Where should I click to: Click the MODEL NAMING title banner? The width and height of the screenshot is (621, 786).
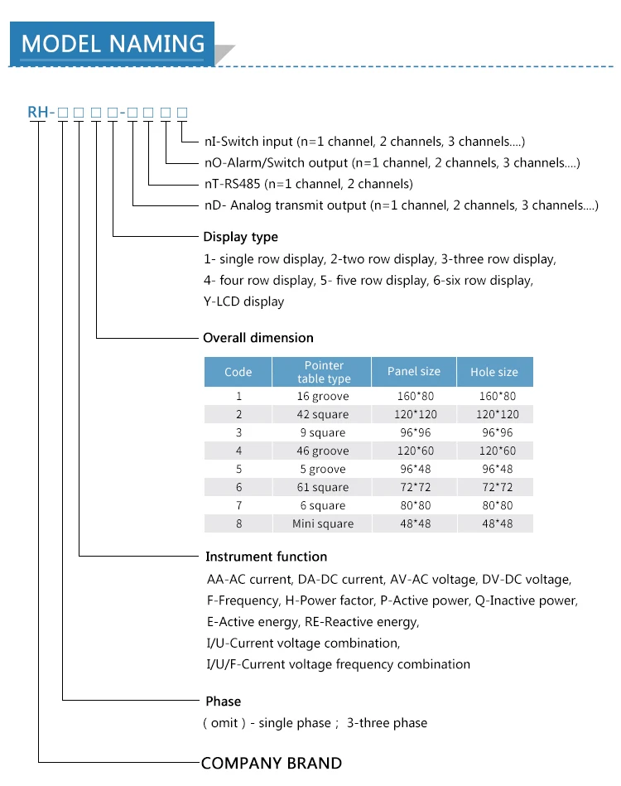(x=113, y=43)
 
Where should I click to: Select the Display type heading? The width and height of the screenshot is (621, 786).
(x=240, y=237)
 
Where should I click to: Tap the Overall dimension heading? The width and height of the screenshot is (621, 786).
(x=258, y=338)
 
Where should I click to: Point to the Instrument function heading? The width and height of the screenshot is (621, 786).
(x=266, y=557)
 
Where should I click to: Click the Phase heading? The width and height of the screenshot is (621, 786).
(x=223, y=702)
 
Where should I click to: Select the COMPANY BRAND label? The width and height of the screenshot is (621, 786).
(x=272, y=763)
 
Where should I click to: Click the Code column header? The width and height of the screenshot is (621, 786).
(x=238, y=372)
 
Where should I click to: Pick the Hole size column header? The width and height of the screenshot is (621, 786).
(x=494, y=372)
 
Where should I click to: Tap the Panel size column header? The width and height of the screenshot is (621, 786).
(x=414, y=371)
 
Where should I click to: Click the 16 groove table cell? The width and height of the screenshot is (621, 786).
(x=323, y=396)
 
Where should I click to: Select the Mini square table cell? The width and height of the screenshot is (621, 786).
(x=323, y=523)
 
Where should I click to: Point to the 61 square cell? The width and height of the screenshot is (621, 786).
(x=323, y=487)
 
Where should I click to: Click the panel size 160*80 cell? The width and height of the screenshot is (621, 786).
(x=414, y=396)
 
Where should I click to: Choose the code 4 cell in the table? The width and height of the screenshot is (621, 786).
(x=238, y=451)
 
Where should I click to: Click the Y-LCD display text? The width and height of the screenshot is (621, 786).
(x=243, y=301)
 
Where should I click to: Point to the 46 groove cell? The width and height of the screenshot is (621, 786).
(x=323, y=451)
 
